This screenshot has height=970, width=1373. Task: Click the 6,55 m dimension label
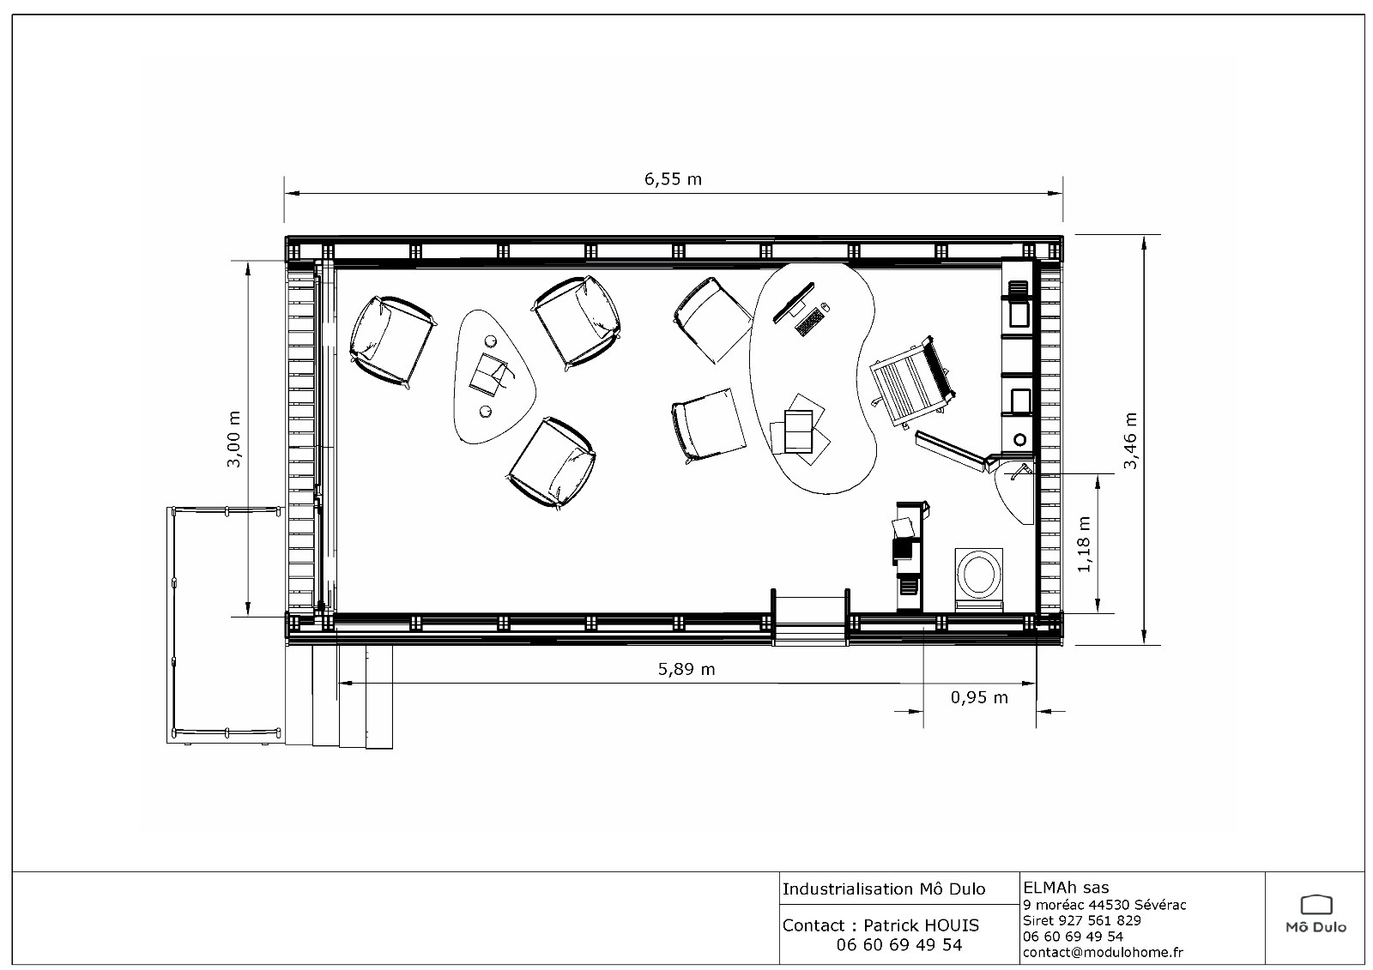coord(673,179)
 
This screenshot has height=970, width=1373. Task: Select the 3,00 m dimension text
coord(233,439)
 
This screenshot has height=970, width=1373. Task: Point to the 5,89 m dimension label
coord(686,669)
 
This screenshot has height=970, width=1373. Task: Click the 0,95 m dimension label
coord(979,697)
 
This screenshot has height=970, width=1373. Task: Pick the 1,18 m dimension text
coord(1084,544)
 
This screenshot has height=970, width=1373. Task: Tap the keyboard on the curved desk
coord(809,321)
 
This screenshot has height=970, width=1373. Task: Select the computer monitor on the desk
coord(793,302)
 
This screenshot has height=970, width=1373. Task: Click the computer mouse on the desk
coord(825,306)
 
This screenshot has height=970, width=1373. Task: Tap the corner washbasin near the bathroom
coord(1014,492)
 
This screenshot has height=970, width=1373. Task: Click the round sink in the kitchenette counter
coord(1020,439)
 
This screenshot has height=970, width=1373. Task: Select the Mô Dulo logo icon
coord(1316,905)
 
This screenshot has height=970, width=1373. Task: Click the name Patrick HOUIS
coord(921,925)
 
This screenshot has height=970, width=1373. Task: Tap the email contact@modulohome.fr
coord(1103,952)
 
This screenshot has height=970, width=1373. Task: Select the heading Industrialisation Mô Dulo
coord(884,889)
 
